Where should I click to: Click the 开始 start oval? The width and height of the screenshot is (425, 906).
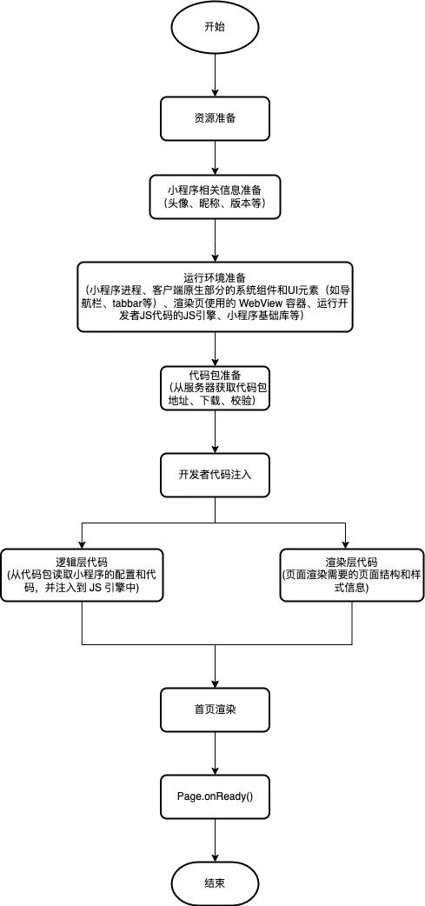pyautogui.click(x=215, y=27)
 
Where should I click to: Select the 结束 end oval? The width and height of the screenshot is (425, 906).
pyautogui.click(x=215, y=883)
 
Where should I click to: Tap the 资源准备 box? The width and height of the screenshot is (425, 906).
pyautogui.click(x=215, y=118)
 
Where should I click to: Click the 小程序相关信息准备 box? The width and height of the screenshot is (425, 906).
pyautogui.click(x=215, y=197)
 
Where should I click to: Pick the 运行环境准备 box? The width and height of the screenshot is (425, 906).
pyautogui.click(x=215, y=297)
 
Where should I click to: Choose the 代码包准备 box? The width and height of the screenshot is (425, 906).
pyautogui.click(x=215, y=388)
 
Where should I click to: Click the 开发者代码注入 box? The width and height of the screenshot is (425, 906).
pyautogui.click(x=215, y=475)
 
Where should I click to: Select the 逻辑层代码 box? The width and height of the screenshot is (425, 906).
pyautogui.click(x=83, y=575)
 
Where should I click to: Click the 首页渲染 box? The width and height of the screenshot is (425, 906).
pyautogui.click(x=215, y=709)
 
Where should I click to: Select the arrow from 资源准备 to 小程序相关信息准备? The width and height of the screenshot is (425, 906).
pyautogui.click(x=215, y=157)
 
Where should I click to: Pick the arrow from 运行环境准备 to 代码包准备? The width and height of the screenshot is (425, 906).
pyautogui.click(x=215, y=349)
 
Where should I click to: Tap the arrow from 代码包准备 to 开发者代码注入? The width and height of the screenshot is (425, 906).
pyautogui.click(x=215, y=431)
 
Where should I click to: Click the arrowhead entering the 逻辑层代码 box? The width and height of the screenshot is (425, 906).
pyautogui.click(x=83, y=543)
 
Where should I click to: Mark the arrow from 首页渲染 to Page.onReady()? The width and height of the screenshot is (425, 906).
pyautogui.click(x=215, y=753)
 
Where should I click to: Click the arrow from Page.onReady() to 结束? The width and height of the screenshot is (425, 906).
pyautogui.click(x=215, y=840)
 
